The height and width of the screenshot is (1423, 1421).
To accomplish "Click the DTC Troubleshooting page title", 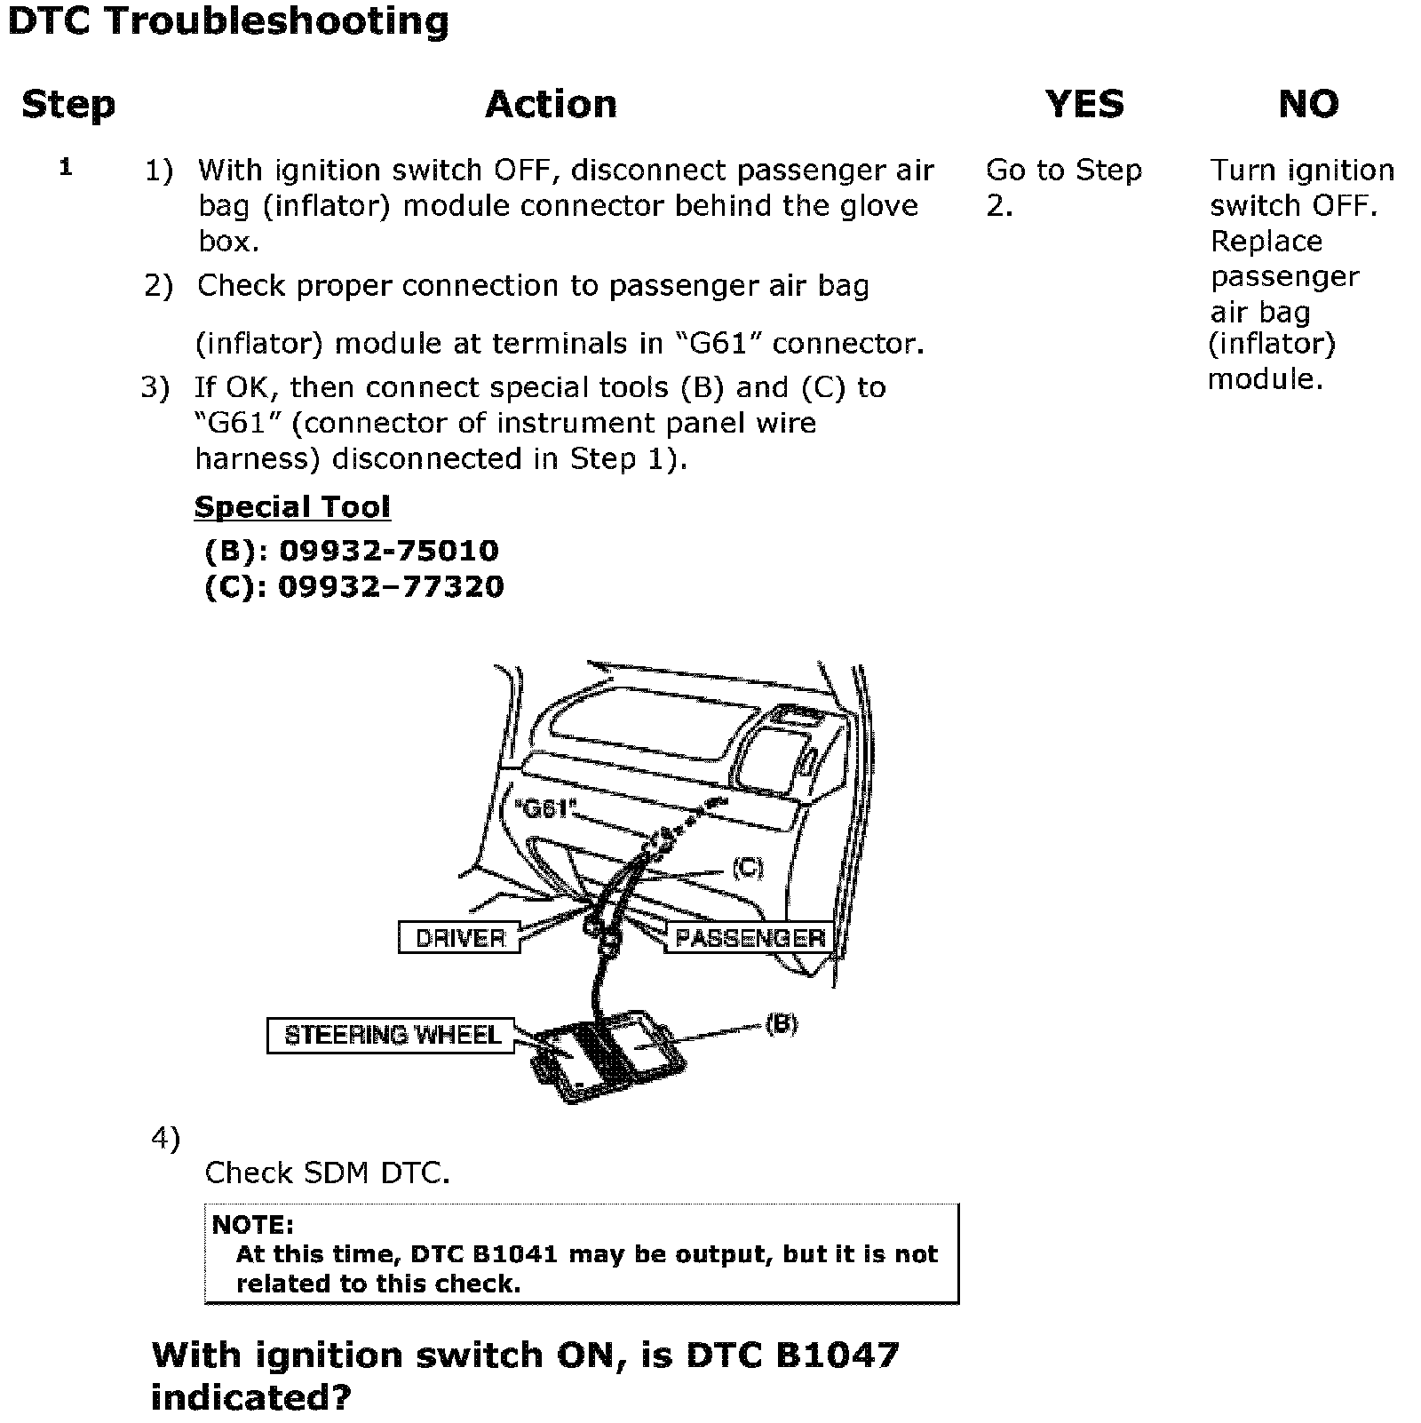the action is pyautogui.click(x=228, y=22).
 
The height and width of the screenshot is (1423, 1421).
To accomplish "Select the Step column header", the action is pyautogui.click(x=68, y=105).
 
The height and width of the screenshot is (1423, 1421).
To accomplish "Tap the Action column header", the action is pyautogui.click(x=551, y=105).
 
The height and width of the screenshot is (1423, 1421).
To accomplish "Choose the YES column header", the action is pyautogui.click(x=1084, y=105).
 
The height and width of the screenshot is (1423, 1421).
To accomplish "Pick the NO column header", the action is pyautogui.click(x=1308, y=105).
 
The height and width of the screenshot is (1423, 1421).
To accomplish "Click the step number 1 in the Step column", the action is pyautogui.click(x=66, y=167).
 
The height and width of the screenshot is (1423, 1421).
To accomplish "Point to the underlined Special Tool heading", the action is pyautogui.click(x=292, y=507).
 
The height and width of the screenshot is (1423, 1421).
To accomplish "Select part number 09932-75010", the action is pyautogui.click(x=389, y=551).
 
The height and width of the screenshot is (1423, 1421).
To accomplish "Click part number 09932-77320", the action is pyautogui.click(x=391, y=586).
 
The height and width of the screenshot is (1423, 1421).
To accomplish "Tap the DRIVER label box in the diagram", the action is pyautogui.click(x=459, y=938).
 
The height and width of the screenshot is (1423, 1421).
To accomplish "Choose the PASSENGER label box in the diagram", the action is pyautogui.click(x=750, y=938).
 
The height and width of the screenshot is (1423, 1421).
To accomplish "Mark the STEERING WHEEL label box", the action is pyautogui.click(x=392, y=1036).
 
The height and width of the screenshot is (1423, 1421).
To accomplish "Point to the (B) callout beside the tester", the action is pyautogui.click(x=782, y=1024).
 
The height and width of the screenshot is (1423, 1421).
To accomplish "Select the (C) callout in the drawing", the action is pyautogui.click(x=747, y=868).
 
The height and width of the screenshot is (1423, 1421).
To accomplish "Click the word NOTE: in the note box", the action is pyautogui.click(x=253, y=1225).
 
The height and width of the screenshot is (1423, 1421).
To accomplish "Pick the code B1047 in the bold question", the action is pyautogui.click(x=837, y=1355).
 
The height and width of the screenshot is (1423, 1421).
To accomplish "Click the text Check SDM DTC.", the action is pyautogui.click(x=327, y=1173).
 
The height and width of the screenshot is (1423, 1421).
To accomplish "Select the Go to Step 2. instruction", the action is pyautogui.click(x=1063, y=187).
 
